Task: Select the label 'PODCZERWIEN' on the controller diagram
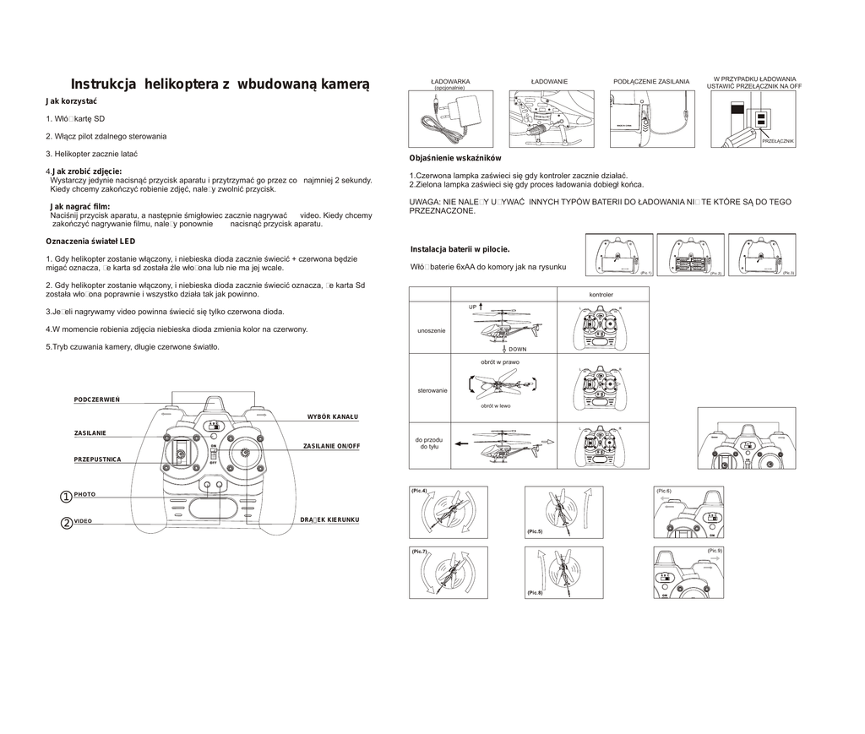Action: coord(97,399)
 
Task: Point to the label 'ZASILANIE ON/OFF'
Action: coord(331,445)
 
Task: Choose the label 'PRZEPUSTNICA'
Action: coord(98,459)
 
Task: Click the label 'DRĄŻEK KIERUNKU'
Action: coord(330,519)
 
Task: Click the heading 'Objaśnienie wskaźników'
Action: coord(455,158)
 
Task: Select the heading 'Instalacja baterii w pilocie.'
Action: coord(460,249)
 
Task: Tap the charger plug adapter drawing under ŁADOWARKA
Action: coord(464,110)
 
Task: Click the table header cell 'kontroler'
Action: coord(601,294)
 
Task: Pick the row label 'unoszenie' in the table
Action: coord(432,330)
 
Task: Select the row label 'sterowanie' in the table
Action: coord(432,390)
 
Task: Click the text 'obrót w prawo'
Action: coord(500,362)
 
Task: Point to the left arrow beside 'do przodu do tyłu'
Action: coord(460,443)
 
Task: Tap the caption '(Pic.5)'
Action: coord(534,530)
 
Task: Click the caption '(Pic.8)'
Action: coord(534,593)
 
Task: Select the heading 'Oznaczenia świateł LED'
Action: coord(90,242)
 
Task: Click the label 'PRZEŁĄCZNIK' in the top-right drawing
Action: coord(778,141)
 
